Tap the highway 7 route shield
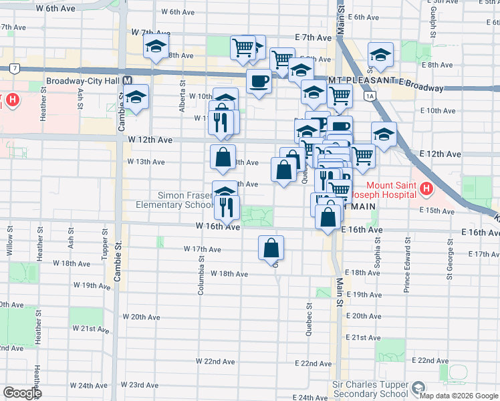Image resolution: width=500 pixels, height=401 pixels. [14, 68]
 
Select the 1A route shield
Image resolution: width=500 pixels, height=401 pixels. [370, 96]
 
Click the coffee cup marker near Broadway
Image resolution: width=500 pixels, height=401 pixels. [259, 82]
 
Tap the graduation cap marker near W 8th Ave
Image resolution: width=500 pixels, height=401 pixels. [156, 47]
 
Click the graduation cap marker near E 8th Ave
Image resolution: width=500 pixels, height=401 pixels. [380, 55]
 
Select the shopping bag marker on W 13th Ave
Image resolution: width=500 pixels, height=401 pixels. [223, 158]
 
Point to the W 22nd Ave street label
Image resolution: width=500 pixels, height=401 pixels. [219, 362]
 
